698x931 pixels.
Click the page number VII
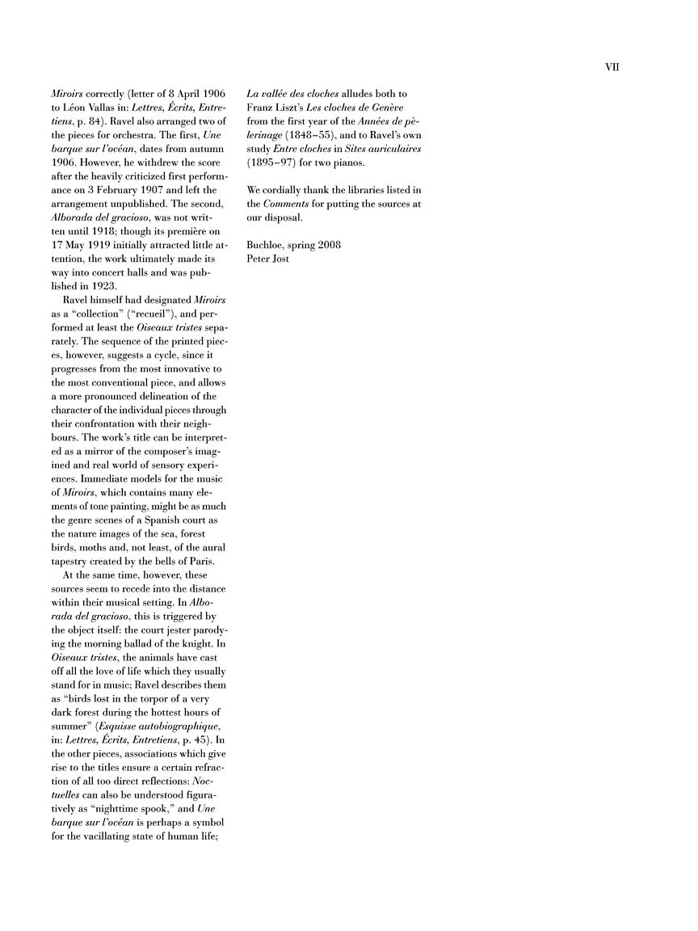click(612, 68)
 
